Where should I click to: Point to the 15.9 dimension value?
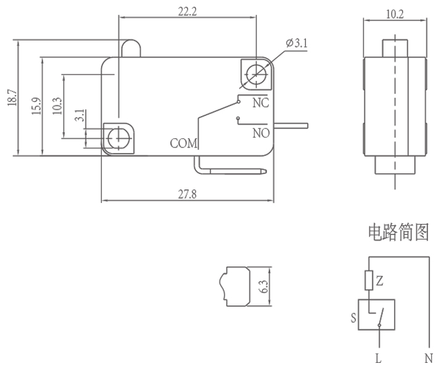click(36, 106)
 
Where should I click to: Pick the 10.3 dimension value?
click(57, 106)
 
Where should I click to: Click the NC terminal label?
click(261, 103)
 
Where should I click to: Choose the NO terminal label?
click(261, 132)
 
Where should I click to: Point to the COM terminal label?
click(183, 144)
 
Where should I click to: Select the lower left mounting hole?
click(117, 136)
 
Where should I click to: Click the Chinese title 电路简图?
click(397, 232)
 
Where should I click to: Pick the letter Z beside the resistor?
click(380, 281)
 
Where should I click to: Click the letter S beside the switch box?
click(353, 318)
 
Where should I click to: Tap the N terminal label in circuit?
click(428, 358)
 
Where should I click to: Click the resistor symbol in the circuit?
click(369, 281)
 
